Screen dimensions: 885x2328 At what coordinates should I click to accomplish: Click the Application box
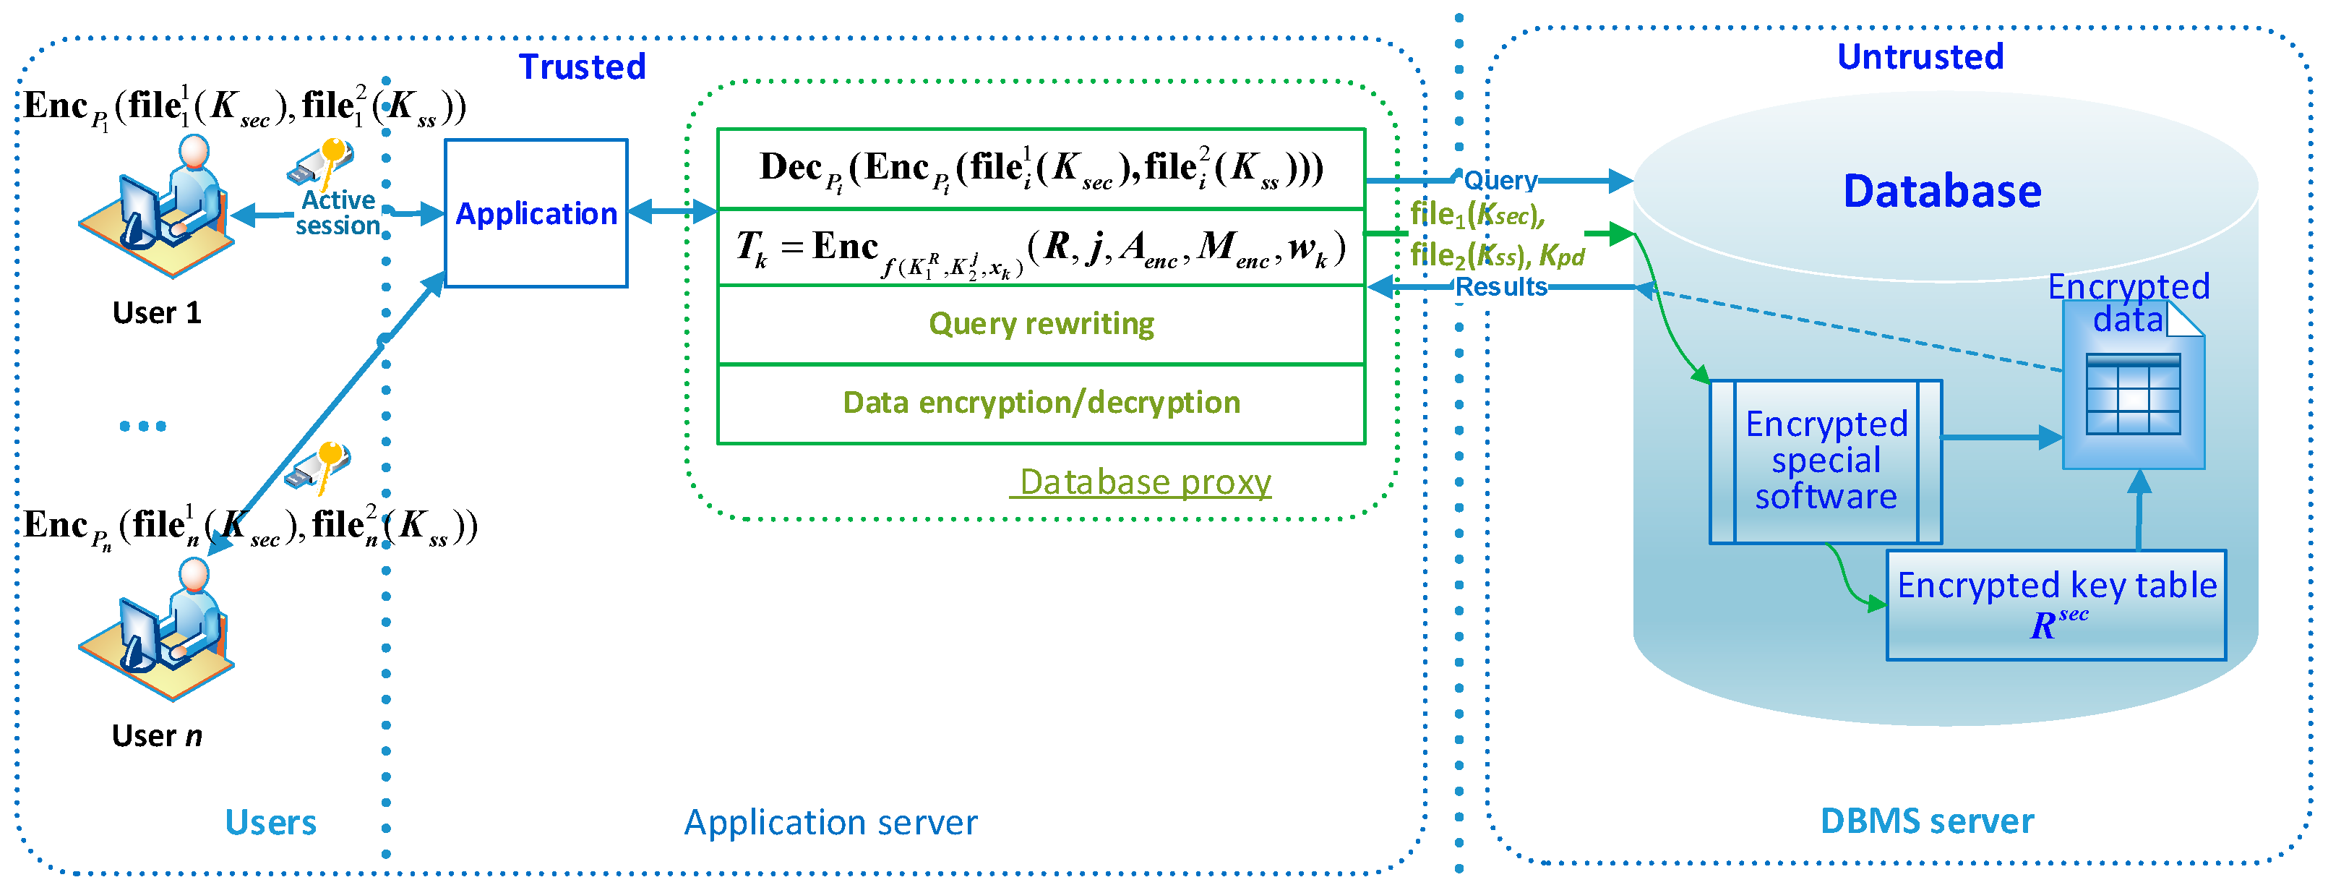(536, 213)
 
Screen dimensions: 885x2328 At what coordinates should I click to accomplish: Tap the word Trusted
(582, 67)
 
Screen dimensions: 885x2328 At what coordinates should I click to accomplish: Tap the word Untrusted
(1920, 56)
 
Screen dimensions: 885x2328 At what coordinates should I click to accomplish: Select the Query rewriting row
(1040, 324)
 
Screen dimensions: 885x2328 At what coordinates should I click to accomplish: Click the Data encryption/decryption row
(1040, 402)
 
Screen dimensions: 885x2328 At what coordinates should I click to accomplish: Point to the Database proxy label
(1143, 482)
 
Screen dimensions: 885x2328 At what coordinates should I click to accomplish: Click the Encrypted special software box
(1825, 461)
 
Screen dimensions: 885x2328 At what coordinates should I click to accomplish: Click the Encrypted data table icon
(2133, 393)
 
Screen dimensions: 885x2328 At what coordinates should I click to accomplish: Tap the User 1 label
(156, 313)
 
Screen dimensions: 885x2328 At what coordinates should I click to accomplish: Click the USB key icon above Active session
(321, 162)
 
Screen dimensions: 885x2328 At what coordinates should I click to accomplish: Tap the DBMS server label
(1926, 821)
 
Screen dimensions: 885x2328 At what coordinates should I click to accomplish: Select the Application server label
(830, 823)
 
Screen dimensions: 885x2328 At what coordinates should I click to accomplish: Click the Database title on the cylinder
(1941, 191)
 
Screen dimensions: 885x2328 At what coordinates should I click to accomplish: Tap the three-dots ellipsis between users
(143, 426)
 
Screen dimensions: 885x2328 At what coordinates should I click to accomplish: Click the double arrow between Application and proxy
(671, 212)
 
